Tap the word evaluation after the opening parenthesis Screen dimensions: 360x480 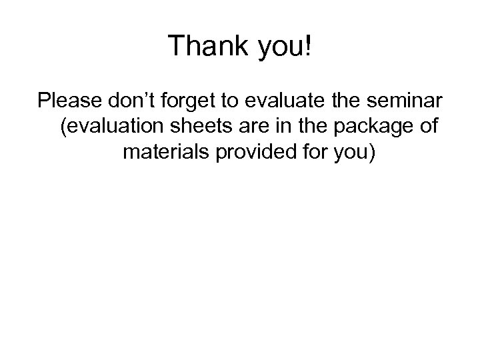click(116, 127)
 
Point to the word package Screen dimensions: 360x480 click(372, 129)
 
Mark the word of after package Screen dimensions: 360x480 click(428, 127)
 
